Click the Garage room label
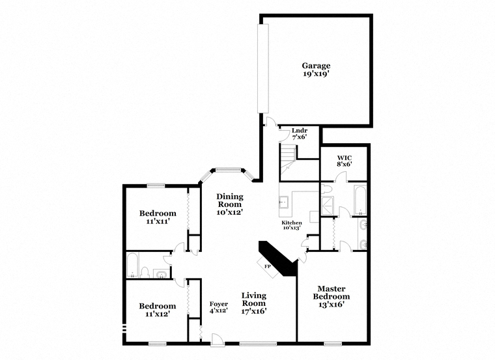(316, 66)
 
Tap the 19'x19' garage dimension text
(316, 74)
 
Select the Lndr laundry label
(300, 130)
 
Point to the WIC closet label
(345, 158)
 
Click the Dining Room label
(230, 201)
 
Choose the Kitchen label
(292, 223)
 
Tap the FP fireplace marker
(268, 266)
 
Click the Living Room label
(254, 299)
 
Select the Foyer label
(219, 304)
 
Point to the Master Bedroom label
(332, 292)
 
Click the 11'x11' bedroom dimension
(158, 221)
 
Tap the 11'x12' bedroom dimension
(158, 314)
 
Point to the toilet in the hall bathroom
(145, 272)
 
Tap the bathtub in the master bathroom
(360, 200)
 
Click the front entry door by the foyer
(217, 340)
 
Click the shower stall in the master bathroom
(327, 206)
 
